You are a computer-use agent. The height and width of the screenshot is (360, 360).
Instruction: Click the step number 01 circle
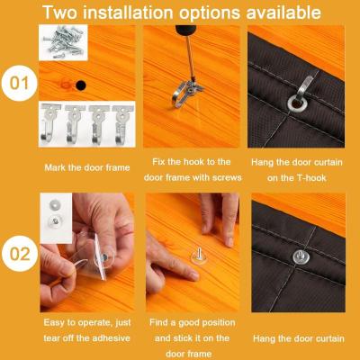pos(19,83)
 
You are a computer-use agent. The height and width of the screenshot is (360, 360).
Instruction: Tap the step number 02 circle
pos(20,254)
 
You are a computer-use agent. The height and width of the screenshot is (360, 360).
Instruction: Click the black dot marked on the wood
pos(80,85)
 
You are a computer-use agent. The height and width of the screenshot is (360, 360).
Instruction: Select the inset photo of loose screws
pos(63,42)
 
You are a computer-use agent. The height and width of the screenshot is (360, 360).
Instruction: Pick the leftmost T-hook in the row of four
pos(50,123)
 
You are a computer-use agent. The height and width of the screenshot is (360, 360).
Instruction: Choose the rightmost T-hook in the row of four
pos(122,123)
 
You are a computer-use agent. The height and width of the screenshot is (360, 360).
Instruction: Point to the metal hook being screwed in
pos(184,93)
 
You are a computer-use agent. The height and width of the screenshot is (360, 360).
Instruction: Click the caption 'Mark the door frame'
pos(87,167)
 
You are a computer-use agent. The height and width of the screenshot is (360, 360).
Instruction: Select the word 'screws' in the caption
pos(227,177)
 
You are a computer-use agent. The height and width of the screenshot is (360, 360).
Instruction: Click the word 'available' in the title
pos(283,13)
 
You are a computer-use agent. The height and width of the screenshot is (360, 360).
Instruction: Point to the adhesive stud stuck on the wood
pos(199,257)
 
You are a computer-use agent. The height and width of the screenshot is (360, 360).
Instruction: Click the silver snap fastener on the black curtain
pos(301,256)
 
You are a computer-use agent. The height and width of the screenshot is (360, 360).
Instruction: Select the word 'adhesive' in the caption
pos(112,338)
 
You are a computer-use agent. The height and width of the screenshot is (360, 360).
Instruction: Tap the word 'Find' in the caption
pos(158,322)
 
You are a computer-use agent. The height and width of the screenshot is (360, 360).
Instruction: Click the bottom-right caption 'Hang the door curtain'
pos(299,338)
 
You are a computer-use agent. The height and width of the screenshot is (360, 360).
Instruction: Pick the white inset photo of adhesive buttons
pos(56,218)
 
